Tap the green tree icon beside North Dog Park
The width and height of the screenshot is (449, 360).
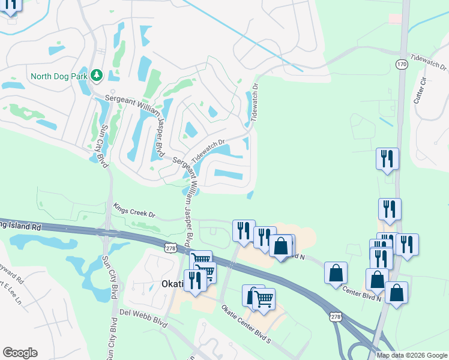coord(96,76)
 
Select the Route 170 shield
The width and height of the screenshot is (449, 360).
coord(402,64)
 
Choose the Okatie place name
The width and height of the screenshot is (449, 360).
coord(175,283)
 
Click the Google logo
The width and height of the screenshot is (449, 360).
coord(20,353)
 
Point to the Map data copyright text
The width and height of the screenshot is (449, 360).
coord(411,355)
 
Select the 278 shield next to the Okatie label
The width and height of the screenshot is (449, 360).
coord(170,247)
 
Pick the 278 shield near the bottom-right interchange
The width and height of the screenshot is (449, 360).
coord(336,316)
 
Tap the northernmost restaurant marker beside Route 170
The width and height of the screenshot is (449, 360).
coord(387,159)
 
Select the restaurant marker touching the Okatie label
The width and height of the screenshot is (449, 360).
coord(195,280)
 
